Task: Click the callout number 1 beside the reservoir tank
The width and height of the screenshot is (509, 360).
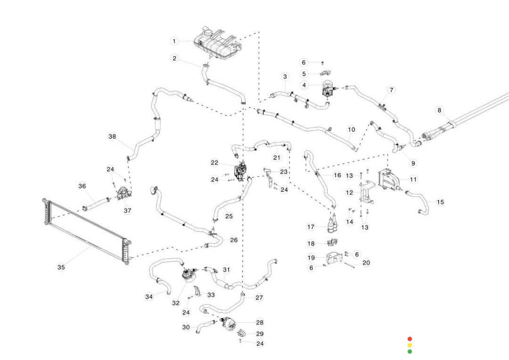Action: (174, 41)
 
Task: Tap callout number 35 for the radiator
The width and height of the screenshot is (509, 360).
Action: (61, 267)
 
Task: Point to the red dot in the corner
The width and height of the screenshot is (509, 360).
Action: (410, 339)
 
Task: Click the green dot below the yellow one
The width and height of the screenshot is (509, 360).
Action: (410, 352)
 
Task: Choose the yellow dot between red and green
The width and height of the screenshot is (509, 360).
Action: (410, 345)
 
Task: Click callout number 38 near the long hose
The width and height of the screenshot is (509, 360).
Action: (112, 137)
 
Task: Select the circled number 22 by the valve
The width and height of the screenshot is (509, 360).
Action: (214, 163)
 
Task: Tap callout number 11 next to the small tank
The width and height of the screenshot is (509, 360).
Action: (413, 179)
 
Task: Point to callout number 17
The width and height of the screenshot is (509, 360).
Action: (311, 227)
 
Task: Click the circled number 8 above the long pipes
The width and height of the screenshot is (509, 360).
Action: (439, 110)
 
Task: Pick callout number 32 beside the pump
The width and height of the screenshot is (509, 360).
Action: (176, 303)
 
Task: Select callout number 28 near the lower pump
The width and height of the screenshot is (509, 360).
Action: (260, 323)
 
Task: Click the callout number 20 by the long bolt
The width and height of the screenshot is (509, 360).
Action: (366, 262)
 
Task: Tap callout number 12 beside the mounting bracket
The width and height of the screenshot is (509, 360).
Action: (349, 192)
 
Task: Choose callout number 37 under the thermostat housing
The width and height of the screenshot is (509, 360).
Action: (127, 211)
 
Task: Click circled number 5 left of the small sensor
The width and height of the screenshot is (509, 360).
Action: (304, 74)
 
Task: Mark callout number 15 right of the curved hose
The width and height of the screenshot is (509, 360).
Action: (440, 202)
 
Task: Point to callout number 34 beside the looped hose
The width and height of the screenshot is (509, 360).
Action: (149, 297)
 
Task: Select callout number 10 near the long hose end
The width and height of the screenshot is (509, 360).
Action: (351, 129)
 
